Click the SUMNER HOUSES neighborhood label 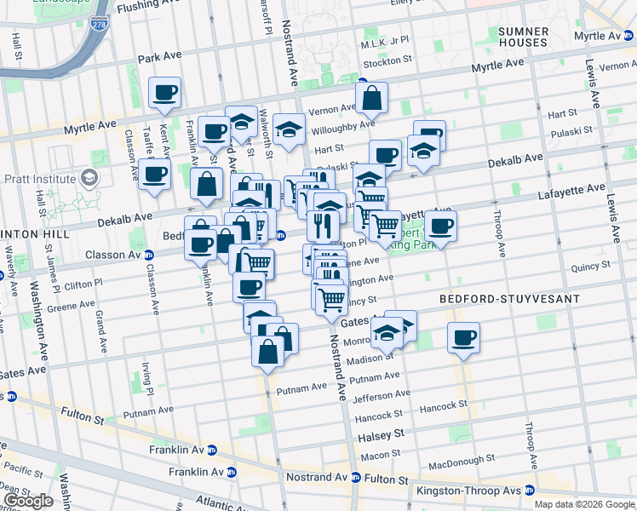click(523, 37)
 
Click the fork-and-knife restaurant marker click(323, 225)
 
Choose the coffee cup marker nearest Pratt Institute click(154, 175)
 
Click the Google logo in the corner click(28, 501)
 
